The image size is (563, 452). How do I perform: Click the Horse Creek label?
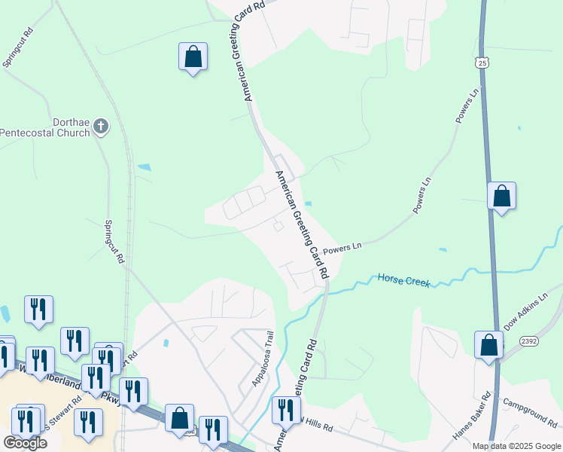[x=403, y=280]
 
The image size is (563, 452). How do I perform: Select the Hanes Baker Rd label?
[x=473, y=416]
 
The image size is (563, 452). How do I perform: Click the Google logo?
[x=25, y=442]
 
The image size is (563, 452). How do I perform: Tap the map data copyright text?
[x=516, y=446]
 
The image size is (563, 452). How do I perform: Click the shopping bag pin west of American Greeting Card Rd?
[x=193, y=56]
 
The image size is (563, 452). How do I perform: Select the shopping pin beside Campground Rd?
[x=489, y=345]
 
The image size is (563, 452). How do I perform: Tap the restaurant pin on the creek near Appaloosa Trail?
[x=285, y=411]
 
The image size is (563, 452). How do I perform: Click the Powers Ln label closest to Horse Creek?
[x=342, y=247]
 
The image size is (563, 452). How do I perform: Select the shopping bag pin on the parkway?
[x=179, y=418]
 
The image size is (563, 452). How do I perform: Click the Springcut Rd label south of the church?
[x=114, y=241]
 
